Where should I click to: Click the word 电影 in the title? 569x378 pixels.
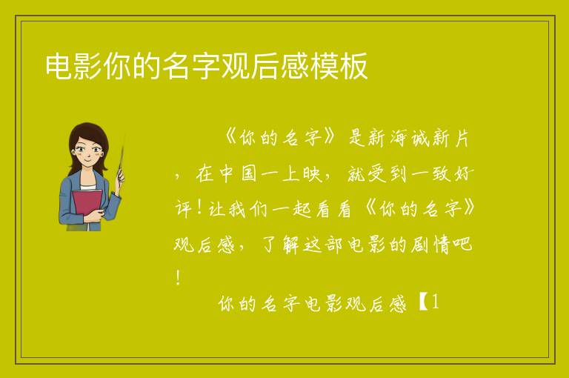point(73,67)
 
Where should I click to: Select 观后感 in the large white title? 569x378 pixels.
point(265,67)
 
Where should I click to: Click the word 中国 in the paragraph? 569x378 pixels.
point(239,174)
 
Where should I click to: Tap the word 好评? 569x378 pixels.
point(463,174)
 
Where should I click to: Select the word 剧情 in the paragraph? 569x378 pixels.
point(431,245)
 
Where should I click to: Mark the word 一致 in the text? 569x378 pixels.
point(431,174)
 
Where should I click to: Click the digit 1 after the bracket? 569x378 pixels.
point(435,302)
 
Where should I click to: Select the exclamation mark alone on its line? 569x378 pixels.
point(178,278)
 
